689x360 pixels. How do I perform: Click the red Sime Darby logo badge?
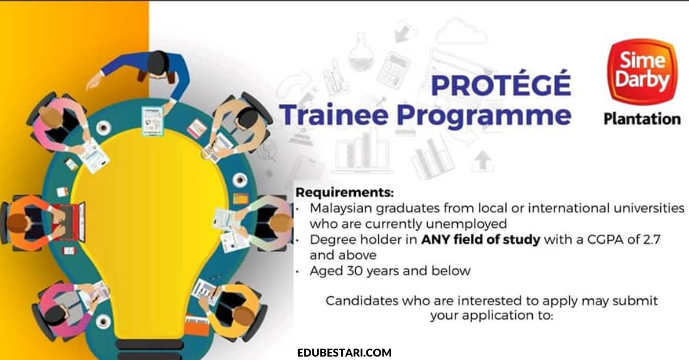coord(642,71)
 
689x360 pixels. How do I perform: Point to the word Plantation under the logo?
coord(642,119)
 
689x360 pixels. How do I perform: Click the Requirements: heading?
coord(344,193)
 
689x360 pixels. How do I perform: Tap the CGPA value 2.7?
coord(651,239)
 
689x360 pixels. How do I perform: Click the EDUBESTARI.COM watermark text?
coord(344,353)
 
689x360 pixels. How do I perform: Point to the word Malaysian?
coord(341,209)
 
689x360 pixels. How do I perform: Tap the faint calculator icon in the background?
coord(393,69)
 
